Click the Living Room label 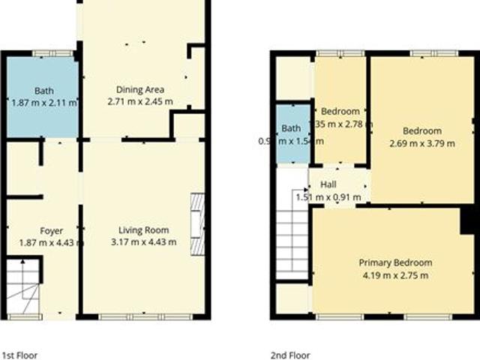pos(143,230)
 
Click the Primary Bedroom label pos(394,262)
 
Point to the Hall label pos(328,184)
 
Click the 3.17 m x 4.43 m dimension pos(143,241)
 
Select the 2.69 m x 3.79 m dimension pos(421,143)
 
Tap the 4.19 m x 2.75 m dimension pos(394,275)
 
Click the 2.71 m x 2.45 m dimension pos(139,101)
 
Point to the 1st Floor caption pos(19,355)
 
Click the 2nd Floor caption pos(290,355)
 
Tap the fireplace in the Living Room pos(197,225)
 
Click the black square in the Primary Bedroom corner pos(469,221)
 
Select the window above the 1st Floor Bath pos(53,52)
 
